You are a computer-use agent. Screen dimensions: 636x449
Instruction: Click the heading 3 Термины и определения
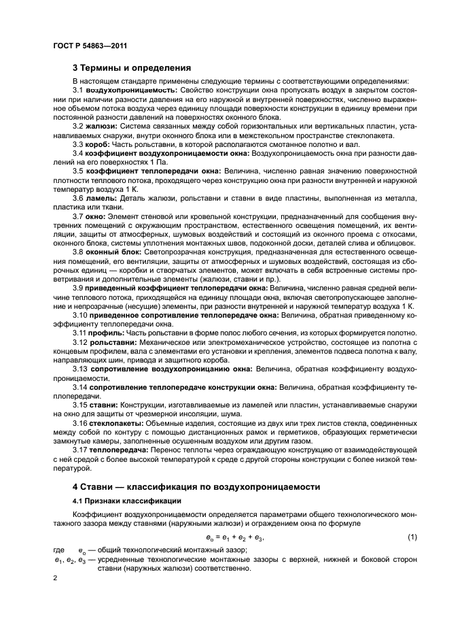pyautogui.click(x=131, y=67)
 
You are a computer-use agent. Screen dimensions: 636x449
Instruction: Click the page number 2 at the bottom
pyautogui.click(x=56, y=577)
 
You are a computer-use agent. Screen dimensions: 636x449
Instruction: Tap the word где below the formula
pyautogui.click(x=60, y=549)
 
